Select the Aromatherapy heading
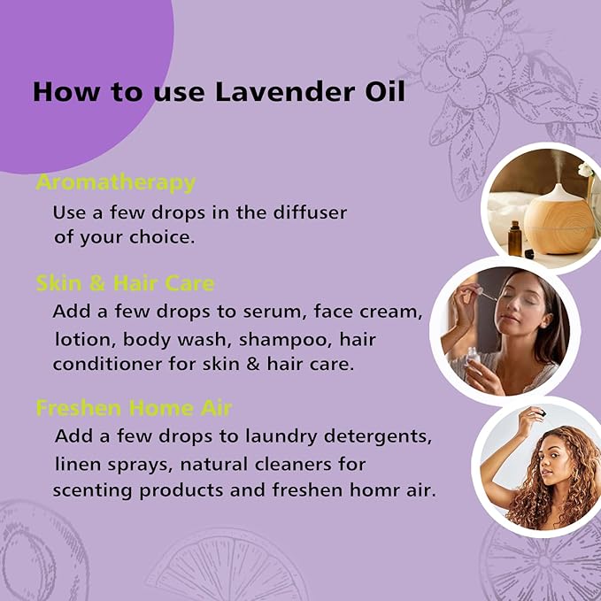click(x=115, y=183)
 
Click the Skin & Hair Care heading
click(x=125, y=283)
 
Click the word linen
click(x=76, y=464)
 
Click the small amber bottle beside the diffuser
click(x=515, y=238)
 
